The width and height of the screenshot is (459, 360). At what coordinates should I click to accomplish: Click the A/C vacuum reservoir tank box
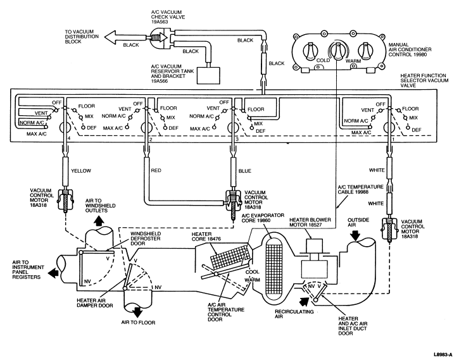coord(208,76)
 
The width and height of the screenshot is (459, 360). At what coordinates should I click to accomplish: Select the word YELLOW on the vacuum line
coord(81,171)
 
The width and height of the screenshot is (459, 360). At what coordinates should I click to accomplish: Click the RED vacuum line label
coord(156,170)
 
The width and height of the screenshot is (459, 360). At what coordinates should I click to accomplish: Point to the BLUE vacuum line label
coord(245,171)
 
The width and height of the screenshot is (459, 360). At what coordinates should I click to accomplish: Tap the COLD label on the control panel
coord(323,61)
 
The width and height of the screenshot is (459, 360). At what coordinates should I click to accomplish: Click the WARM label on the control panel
coord(353,61)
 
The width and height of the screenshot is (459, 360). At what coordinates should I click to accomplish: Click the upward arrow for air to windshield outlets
coord(98,220)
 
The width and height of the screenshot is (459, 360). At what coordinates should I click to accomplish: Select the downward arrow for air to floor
coord(137,312)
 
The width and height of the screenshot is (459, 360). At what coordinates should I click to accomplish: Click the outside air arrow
coord(355,235)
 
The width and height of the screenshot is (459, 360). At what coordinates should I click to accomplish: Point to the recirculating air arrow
coord(303,301)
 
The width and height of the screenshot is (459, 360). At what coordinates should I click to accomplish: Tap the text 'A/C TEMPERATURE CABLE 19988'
coord(360,189)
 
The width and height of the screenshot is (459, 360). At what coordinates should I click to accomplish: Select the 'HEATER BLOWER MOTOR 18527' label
coord(310,222)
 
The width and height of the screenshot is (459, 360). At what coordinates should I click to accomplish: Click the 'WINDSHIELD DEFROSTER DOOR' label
coord(146,239)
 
